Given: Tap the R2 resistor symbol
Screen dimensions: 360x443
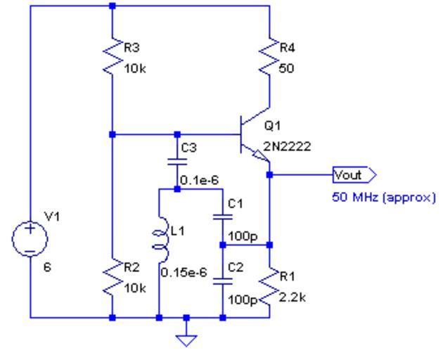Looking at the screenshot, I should (x=113, y=278).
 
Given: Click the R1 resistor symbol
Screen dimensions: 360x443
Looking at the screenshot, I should (x=269, y=285).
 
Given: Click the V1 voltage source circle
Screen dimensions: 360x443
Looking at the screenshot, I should (x=30, y=239).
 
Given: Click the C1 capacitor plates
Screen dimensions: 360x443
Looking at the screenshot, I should (x=223, y=217).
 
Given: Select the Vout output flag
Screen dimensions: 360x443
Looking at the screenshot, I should (x=354, y=174).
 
